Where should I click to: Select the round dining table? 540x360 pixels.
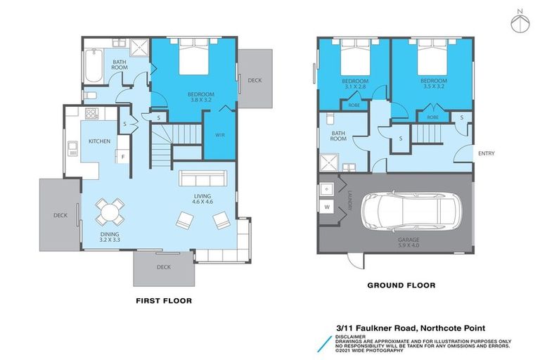pyautogui.click(x=109, y=210)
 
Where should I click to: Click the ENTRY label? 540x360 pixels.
pyautogui.click(x=486, y=153)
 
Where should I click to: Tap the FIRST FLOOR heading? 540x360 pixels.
pyautogui.click(x=163, y=300)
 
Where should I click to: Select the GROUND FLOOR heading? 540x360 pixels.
pyautogui.click(x=401, y=285)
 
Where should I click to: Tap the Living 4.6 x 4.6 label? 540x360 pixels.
pyautogui.click(x=202, y=199)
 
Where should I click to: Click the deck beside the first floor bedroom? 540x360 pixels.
pyautogui.click(x=255, y=79)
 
